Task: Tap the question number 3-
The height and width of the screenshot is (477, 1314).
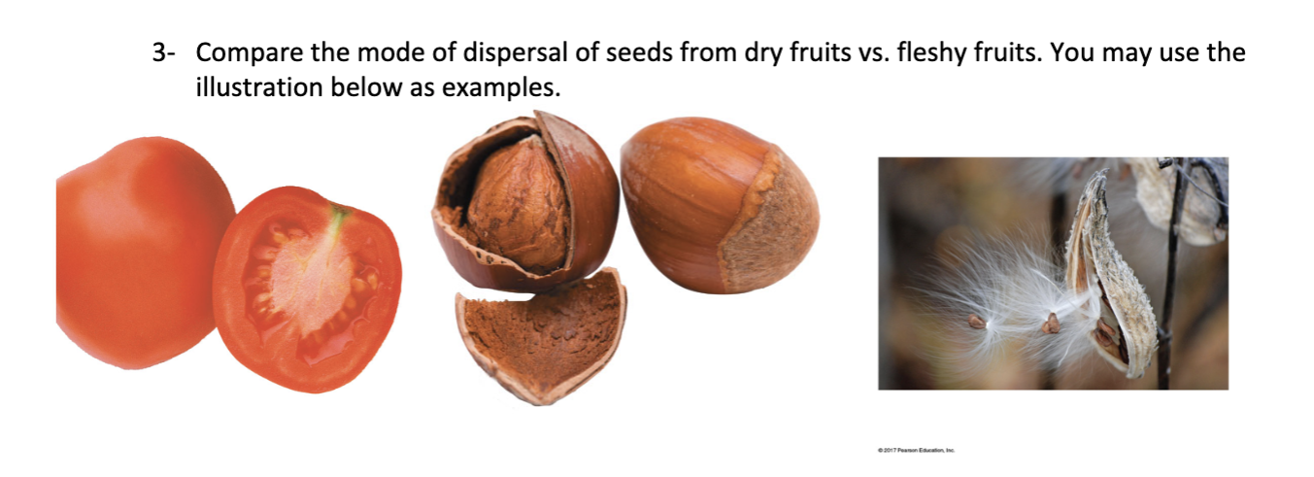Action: coord(162,52)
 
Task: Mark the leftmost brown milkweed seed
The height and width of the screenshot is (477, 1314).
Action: coord(973,321)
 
